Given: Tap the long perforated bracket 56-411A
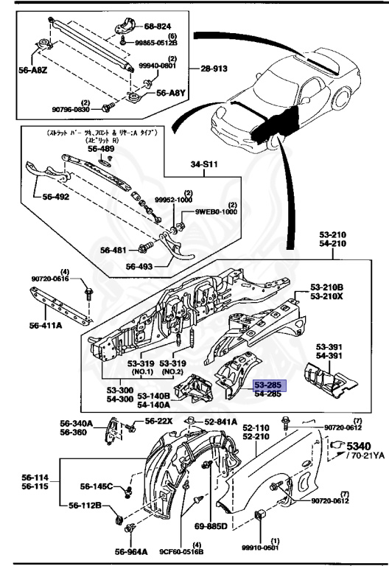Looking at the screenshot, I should (x=55, y=303).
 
